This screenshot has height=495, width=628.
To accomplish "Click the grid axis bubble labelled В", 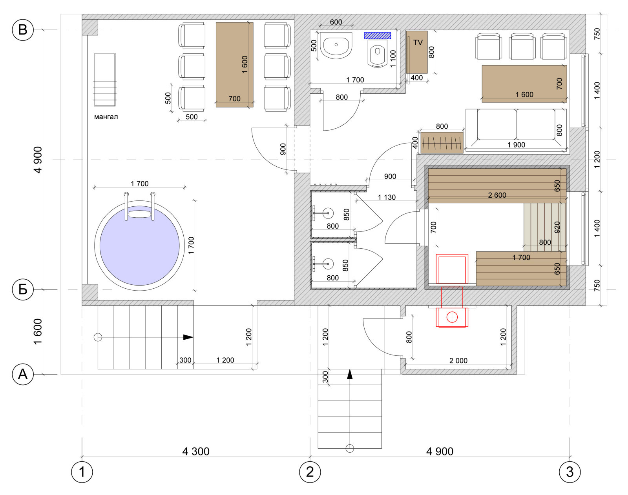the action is click(x=23, y=30).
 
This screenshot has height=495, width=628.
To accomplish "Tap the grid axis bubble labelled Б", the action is click(x=23, y=289).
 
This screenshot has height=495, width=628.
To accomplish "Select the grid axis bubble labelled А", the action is click(x=23, y=374).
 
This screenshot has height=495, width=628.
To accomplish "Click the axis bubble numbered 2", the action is click(x=310, y=472).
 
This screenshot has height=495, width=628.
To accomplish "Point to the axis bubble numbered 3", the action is click(x=570, y=472).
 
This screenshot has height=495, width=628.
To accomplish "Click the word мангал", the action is click(x=106, y=117).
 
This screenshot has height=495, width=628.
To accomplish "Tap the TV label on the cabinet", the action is click(x=418, y=43).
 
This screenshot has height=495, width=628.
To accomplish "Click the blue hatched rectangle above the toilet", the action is click(x=377, y=36).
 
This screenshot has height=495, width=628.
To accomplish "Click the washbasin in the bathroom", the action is click(x=336, y=45).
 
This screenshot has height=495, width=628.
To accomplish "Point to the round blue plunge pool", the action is click(x=139, y=246).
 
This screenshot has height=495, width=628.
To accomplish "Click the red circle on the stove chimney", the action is click(x=452, y=317).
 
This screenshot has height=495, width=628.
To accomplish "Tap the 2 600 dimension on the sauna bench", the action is click(x=497, y=195).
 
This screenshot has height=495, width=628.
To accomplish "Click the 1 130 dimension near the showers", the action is click(x=387, y=197).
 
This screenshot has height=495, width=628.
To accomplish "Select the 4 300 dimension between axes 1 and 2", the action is click(x=196, y=451).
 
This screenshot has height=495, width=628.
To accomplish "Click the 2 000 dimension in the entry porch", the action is click(x=458, y=361).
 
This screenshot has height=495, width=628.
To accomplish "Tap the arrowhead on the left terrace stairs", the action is click(x=188, y=337).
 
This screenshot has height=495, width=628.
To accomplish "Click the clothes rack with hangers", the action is click(x=442, y=143).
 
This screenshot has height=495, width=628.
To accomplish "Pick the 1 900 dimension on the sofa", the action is click(x=516, y=145).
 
